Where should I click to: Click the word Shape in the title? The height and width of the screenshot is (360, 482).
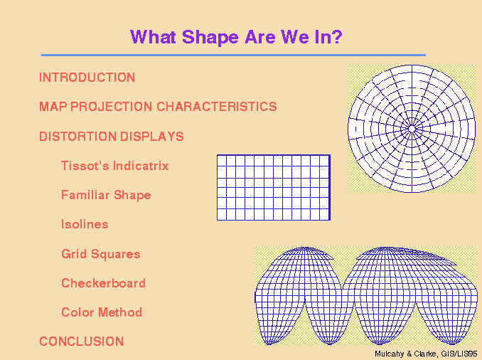click(x=210, y=38)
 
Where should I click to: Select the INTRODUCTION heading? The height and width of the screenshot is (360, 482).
click(x=87, y=78)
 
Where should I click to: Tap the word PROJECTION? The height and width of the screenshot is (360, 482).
click(x=112, y=107)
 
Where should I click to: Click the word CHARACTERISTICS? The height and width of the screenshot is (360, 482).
click(x=217, y=107)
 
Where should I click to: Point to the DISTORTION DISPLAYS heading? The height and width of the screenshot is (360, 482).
click(x=112, y=137)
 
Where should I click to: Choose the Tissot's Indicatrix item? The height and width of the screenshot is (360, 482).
click(x=115, y=166)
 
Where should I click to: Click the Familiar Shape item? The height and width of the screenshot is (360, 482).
click(x=106, y=196)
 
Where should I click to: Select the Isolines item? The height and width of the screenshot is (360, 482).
click(x=85, y=224)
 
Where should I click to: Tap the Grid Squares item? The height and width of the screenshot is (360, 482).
click(x=101, y=254)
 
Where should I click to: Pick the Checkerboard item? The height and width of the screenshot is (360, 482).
click(x=103, y=283)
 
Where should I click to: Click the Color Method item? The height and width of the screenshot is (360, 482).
click(x=102, y=312)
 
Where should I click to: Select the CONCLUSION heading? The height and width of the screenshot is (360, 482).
click(x=82, y=342)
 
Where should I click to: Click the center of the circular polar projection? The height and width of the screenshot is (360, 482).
click(x=412, y=129)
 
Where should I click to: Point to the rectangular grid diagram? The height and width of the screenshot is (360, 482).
click(x=274, y=187)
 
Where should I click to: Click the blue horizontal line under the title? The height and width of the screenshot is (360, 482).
click(x=233, y=55)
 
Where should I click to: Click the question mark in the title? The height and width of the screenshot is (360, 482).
click(x=337, y=37)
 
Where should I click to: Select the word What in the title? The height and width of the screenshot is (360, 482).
click(x=153, y=37)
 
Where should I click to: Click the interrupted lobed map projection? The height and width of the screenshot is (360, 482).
click(x=366, y=296)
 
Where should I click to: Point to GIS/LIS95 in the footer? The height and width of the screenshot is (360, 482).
click(x=459, y=354)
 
